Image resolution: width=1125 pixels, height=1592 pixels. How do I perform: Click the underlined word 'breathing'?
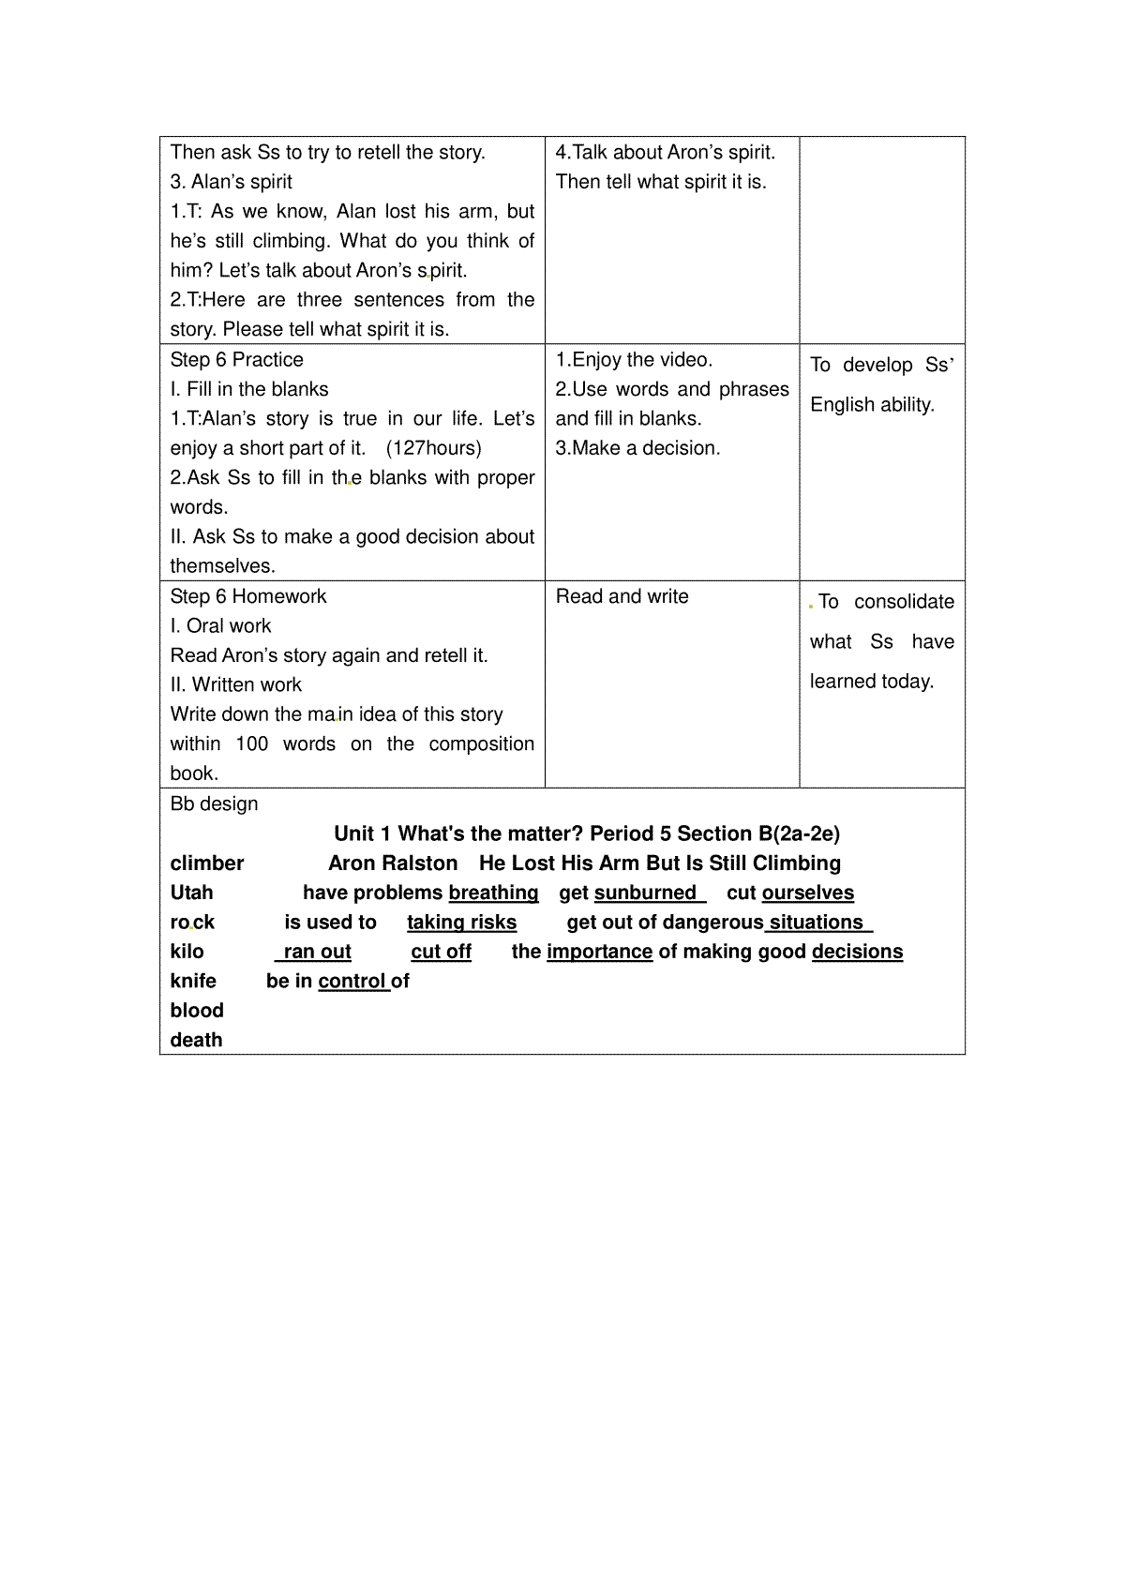[494, 893]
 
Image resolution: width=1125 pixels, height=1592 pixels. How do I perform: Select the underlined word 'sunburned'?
[646, 893]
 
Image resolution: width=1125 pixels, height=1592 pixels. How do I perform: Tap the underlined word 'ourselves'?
[808, 893]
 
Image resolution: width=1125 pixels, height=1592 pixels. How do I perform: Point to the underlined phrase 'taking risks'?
[461, 923]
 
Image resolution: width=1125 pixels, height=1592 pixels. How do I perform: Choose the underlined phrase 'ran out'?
[317, 952]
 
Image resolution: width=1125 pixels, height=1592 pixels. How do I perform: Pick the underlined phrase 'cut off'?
[441, 952]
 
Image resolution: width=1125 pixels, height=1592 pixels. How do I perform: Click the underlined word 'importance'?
[599, 952]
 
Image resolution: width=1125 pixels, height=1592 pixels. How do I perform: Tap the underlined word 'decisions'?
[857, 952]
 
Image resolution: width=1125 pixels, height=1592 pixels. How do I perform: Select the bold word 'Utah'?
[192, 893]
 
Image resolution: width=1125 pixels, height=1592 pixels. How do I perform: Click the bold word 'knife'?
[193, 981]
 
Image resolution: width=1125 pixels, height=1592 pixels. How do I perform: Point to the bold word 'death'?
[196, 1040]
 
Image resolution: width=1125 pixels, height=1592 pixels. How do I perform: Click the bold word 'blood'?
[197, 1011]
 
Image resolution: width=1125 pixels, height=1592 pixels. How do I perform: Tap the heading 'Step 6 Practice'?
[237, 360]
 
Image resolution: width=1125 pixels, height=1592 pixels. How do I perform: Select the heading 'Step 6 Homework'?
[248, 596]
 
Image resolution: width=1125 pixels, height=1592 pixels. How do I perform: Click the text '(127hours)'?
[434, 448]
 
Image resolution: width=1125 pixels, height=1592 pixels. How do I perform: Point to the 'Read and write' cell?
[622, 596]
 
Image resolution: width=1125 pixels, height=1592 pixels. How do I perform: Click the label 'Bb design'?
[214, 804]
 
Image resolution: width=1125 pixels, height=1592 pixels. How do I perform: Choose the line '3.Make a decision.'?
[637, 448]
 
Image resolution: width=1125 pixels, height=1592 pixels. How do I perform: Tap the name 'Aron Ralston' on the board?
[393, 864]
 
